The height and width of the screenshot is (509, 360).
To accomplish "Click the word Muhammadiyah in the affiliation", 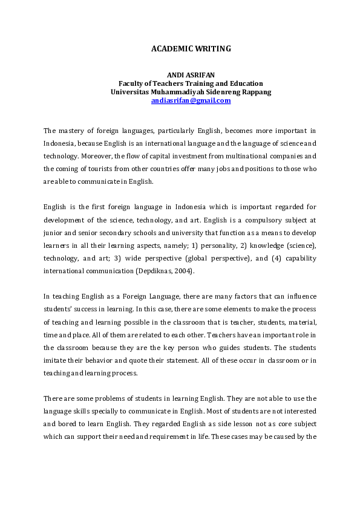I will [182, 92].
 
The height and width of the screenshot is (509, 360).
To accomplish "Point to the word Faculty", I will [131, 83].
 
